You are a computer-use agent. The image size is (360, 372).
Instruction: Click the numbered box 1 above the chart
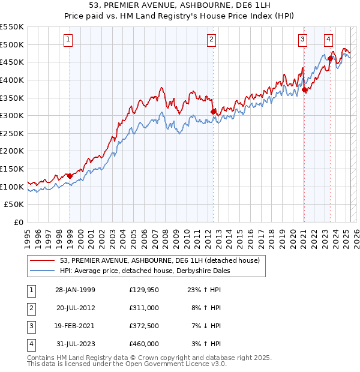69,40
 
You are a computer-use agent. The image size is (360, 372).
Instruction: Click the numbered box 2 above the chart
212,40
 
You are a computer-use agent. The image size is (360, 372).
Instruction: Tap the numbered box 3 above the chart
303,40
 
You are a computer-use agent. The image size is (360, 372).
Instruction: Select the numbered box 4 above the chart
329,40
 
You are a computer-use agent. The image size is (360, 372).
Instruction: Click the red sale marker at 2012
213,111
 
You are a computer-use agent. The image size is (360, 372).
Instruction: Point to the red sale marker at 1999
70,176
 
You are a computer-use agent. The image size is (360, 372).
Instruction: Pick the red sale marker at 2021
304,89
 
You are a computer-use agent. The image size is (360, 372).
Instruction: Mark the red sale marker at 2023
330,58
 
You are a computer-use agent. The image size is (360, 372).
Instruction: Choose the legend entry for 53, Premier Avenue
160,260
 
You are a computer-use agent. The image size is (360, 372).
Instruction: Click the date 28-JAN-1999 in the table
75,290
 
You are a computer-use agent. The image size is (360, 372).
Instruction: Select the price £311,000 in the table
144,308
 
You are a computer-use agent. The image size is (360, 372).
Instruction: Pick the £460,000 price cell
144,344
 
